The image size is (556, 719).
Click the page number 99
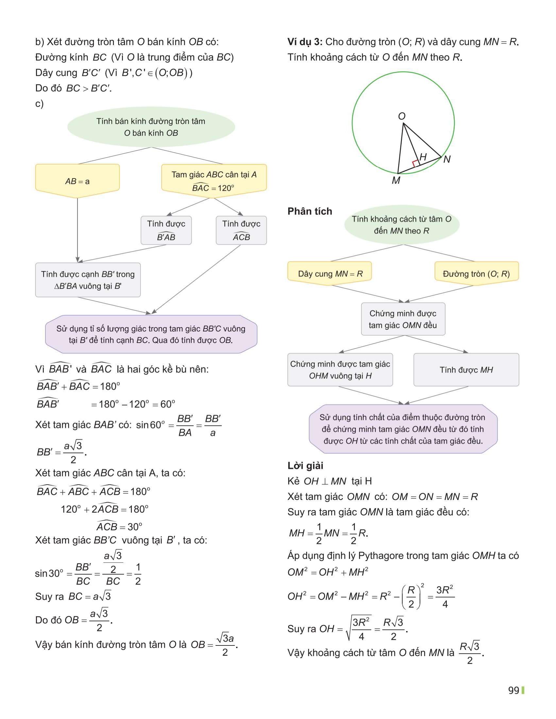(x=513, y=690)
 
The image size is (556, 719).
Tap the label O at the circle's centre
(x=402, y=116)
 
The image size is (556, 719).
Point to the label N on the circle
(x=447, y=159)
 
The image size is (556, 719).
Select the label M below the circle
(x=396, y=180)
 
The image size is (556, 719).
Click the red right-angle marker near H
(x=415, y=163)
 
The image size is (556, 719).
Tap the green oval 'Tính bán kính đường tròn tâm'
(x=151, y=127)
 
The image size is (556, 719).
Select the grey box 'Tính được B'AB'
(x=166, y=230)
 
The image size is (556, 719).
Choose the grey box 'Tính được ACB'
(x=241, y=230)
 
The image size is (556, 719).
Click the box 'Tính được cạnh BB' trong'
(x=88, y=280)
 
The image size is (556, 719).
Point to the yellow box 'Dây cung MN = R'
(x=330, y=274)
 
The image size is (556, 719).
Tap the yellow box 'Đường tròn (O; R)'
(x=476, y=274)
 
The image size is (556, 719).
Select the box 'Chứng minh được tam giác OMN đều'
(x=403, y=319)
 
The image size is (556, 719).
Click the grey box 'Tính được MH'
(x=466, y=370)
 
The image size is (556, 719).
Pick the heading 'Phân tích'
(x=310, y=211)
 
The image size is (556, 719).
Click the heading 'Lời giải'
(x=305, y=465)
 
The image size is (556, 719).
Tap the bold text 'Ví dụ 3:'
(x=305, y=42)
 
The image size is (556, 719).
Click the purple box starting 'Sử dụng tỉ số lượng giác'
(x=151, y=334)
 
